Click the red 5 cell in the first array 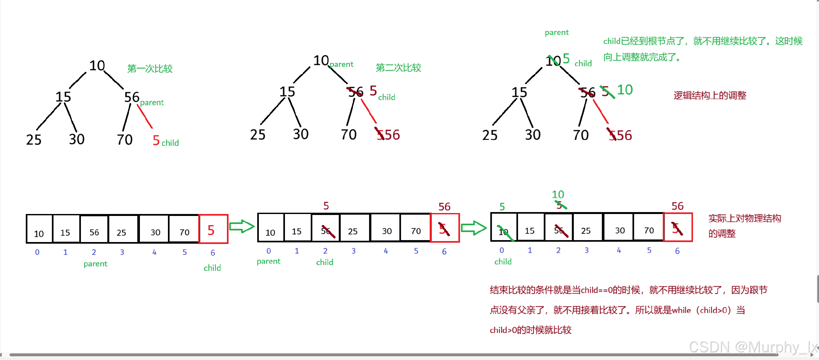coord(213,229)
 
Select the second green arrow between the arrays coord(473,228)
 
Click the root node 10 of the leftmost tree coord(97,66)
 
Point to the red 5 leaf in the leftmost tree coord(156,141)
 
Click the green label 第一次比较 coord(150,69)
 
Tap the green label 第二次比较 coord(398,68)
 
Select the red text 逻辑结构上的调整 coord(710,95)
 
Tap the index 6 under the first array coord(213,253)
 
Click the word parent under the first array coord(95,264)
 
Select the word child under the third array coord(503,261)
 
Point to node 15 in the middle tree coord(287,92)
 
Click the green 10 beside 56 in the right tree coord(625,90)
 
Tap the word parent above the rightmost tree coord(557,32)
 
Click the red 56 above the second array coord(444,207)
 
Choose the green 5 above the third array coord(502,207)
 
